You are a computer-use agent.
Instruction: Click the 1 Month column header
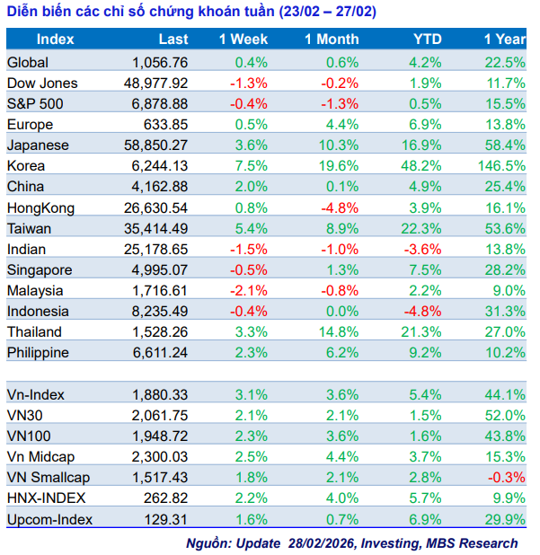pyautogui.click(x=331, y=40)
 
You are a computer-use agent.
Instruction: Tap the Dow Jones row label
pyautogui.click(x=42, y=83)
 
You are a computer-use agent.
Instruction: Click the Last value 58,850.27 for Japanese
pyautogui.click(x=155, y=145)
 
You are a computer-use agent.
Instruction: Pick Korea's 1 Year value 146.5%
pyautogui.click(x=502, y=165)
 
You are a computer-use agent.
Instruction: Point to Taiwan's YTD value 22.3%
pyautogui.click(x=421, y=228)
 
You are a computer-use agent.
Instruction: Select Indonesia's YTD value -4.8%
pyautogui.click(x=423, y=311)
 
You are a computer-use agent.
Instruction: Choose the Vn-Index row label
pyautogui.click(x=35, y=393)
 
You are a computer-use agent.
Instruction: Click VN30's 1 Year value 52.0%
pyautogui.click(x=506, y=414)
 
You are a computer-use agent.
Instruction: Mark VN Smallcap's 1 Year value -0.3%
pyautogui.click(x=508, y=477)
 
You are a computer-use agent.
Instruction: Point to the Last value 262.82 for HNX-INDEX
pyautogui.click(x=166, y=498)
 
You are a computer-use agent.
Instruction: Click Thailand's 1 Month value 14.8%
pyautogui.click(x=338, y=331)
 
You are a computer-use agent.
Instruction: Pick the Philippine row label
pyautogui.click(x=38, y=352)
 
